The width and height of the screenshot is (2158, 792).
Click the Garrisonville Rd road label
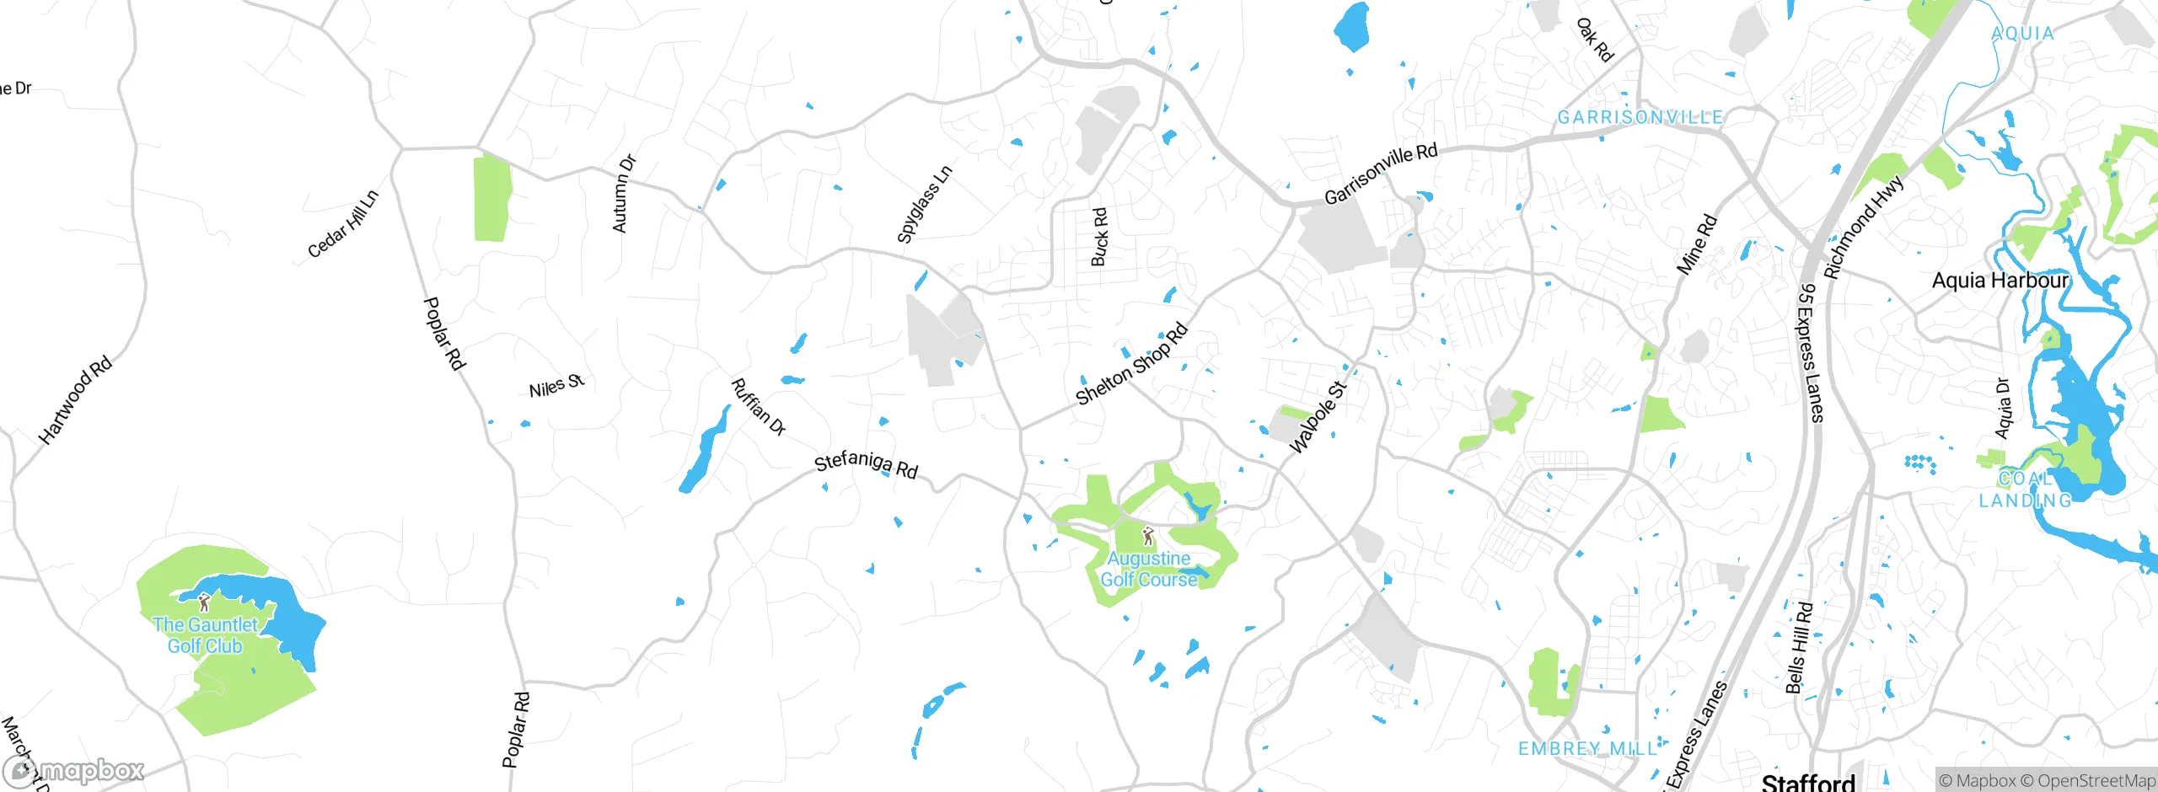tap(1380, 174)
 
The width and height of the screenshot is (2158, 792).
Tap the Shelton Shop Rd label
tap(1131, 364)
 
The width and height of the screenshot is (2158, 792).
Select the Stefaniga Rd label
tap(865, 464)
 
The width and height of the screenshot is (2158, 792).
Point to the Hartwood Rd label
tap(75, 400)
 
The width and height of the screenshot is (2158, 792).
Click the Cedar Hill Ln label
tap(343, 224)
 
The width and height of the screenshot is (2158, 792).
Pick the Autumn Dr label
tap(624, 195)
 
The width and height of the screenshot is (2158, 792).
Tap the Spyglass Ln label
tap(924, 205)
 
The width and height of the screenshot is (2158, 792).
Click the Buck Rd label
tap(1099, 238)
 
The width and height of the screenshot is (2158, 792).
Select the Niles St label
tap(556, 387)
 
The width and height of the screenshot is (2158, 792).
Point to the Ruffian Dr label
tap(758, 407)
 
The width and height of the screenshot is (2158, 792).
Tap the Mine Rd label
tap(1696, 245)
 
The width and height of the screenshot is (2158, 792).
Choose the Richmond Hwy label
tap(1863, 227)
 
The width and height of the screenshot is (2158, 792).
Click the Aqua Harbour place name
tap(2000, 281)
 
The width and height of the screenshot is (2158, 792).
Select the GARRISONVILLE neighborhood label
tap(1640, 117)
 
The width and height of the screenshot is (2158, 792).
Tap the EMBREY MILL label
tap(1587, 748)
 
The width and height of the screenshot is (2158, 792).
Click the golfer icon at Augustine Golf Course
tap(1147, 537)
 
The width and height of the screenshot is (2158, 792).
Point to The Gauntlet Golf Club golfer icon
tap(203, 602)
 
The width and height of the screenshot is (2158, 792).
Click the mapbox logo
tap(74, 771)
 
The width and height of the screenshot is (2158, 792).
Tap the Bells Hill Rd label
tap(1797, 647)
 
